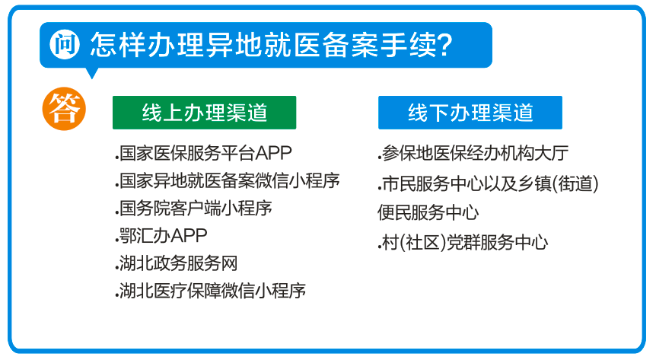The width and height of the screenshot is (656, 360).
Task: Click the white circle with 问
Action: tap(65, 44)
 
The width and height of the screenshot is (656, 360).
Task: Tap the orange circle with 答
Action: tap(64, 109)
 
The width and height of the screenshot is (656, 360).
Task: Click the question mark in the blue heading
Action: tap(443, 44)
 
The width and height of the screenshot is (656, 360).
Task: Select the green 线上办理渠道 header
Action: tap(204, 113)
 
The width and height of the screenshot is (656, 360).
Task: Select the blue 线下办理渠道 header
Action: tap(470, 113)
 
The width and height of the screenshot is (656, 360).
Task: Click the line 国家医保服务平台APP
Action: tap(203, 153)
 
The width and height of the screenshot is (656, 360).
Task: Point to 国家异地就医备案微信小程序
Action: tap(228, 181)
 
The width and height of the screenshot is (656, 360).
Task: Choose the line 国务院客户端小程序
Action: tap(194, 209)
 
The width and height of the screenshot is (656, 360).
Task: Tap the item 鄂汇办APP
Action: tap(161, 236)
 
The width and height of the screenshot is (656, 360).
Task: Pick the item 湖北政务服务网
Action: tap(177, 263)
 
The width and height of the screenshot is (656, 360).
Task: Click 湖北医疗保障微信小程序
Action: tap(211, 291)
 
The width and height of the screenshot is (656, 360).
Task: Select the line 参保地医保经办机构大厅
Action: tap(473, 154)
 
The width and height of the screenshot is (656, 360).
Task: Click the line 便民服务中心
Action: tap(428, 212)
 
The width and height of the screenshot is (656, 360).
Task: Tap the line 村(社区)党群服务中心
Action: tap(463, 243)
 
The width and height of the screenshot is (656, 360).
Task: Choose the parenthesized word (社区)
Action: tap(422, 243)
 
